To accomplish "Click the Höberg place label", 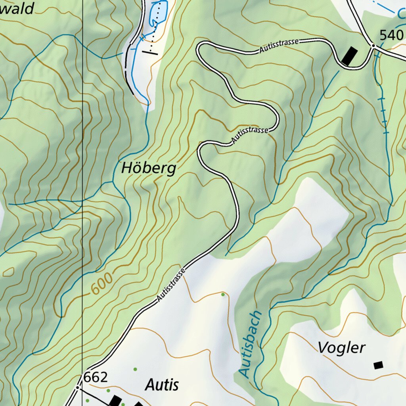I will click(x=148, y=169).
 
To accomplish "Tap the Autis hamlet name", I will click(x=162, y=385).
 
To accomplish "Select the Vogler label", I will click(x=341, y=348).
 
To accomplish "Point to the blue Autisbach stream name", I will click(x=251, y=344).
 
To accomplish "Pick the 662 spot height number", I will click(x=96, y=377).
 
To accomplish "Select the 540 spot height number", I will click(x=391, y=36).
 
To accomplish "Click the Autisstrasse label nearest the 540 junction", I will click(x=280, y=45).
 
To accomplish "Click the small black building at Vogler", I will click(x=378, y=365).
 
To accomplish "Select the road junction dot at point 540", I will click(x=373, y=46).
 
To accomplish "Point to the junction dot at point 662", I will click(x=78, y=387).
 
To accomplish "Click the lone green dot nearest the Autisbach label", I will click(x=223, y=294).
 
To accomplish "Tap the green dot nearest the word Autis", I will click(x=135, y=369).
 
